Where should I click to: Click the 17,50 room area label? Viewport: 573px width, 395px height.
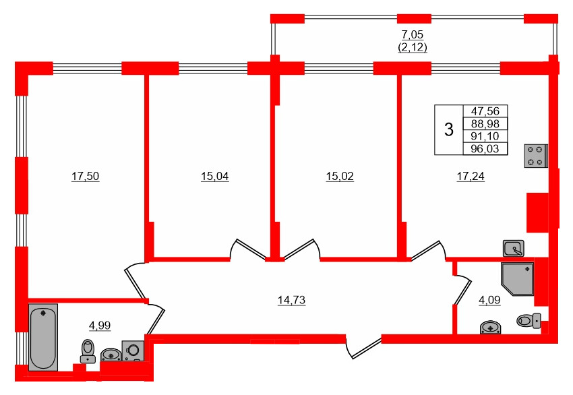[86, 177]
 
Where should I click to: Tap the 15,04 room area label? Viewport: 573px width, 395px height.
[214, 177]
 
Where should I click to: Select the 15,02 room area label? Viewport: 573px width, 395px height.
[340, 177]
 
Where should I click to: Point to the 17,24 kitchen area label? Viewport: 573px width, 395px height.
[471, 177]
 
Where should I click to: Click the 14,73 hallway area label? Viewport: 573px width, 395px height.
[292, 301]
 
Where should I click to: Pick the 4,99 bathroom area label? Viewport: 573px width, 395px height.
[100, 326]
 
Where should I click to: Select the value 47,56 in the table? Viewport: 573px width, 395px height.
[485, 112]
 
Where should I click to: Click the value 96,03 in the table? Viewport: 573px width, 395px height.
[485, 149]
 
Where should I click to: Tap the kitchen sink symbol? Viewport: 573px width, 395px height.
[514, 247]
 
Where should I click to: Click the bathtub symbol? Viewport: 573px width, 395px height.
[43, 336]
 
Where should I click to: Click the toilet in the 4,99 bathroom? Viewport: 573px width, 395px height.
[88, 351]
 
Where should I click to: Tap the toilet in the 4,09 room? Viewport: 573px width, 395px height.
[529, 321]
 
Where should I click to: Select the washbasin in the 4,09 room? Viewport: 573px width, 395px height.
[491, 328]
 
